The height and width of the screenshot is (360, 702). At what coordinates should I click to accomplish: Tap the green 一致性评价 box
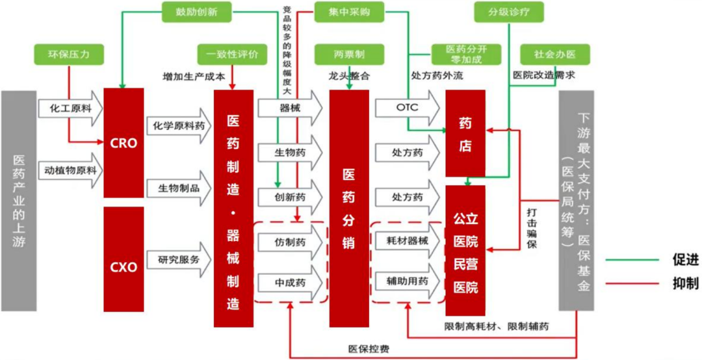pos(231,54)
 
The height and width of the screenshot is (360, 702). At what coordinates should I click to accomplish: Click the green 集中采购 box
pos(348,12)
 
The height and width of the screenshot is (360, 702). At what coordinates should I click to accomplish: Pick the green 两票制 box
pos(348,54)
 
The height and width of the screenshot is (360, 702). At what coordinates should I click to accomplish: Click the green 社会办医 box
pos(554,54)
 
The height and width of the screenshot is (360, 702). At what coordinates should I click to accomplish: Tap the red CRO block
pos(123,143)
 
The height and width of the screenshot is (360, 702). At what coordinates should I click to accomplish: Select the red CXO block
pos(123,266)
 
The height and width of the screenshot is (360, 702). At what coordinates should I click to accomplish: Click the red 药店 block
pos(465,133)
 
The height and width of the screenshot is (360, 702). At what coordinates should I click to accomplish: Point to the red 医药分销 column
pos(349,208)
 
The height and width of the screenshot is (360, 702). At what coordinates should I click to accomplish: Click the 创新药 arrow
pos(290,197)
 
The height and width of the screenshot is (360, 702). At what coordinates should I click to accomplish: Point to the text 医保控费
pos(369,349)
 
